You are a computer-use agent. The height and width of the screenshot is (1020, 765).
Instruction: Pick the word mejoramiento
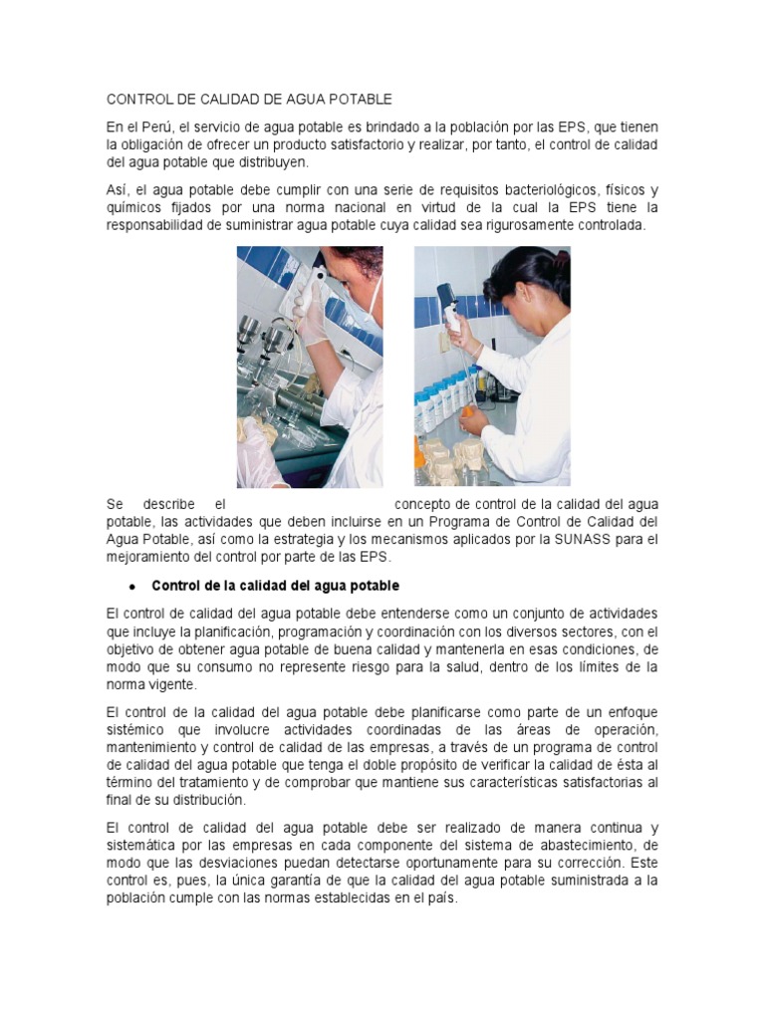coord(151,558)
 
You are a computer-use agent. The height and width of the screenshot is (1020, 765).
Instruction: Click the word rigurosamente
coord(532,225)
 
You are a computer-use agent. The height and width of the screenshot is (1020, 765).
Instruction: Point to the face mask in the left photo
coord(371,299)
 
